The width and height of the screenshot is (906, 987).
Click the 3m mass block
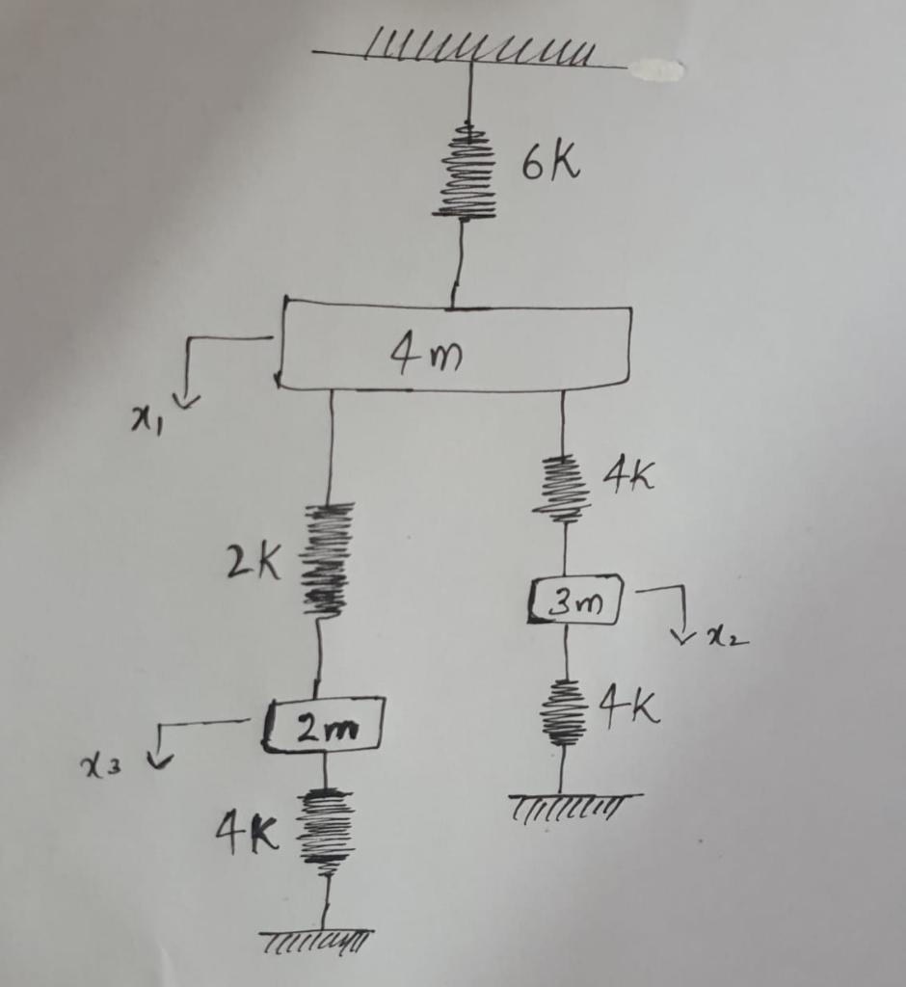(x=575, y=602)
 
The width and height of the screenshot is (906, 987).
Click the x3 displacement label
(x=100, y=765)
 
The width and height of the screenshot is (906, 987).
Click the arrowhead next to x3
(x=159, y=761)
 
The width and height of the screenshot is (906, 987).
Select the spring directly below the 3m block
(x=565, y=714)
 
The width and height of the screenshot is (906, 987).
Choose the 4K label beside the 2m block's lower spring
(x=247, y=831)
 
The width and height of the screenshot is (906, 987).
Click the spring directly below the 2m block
(x=326, y=830)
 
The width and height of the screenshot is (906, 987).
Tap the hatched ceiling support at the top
(x=472, y=52)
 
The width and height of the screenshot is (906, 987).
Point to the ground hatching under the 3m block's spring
(x=573, y=802)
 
